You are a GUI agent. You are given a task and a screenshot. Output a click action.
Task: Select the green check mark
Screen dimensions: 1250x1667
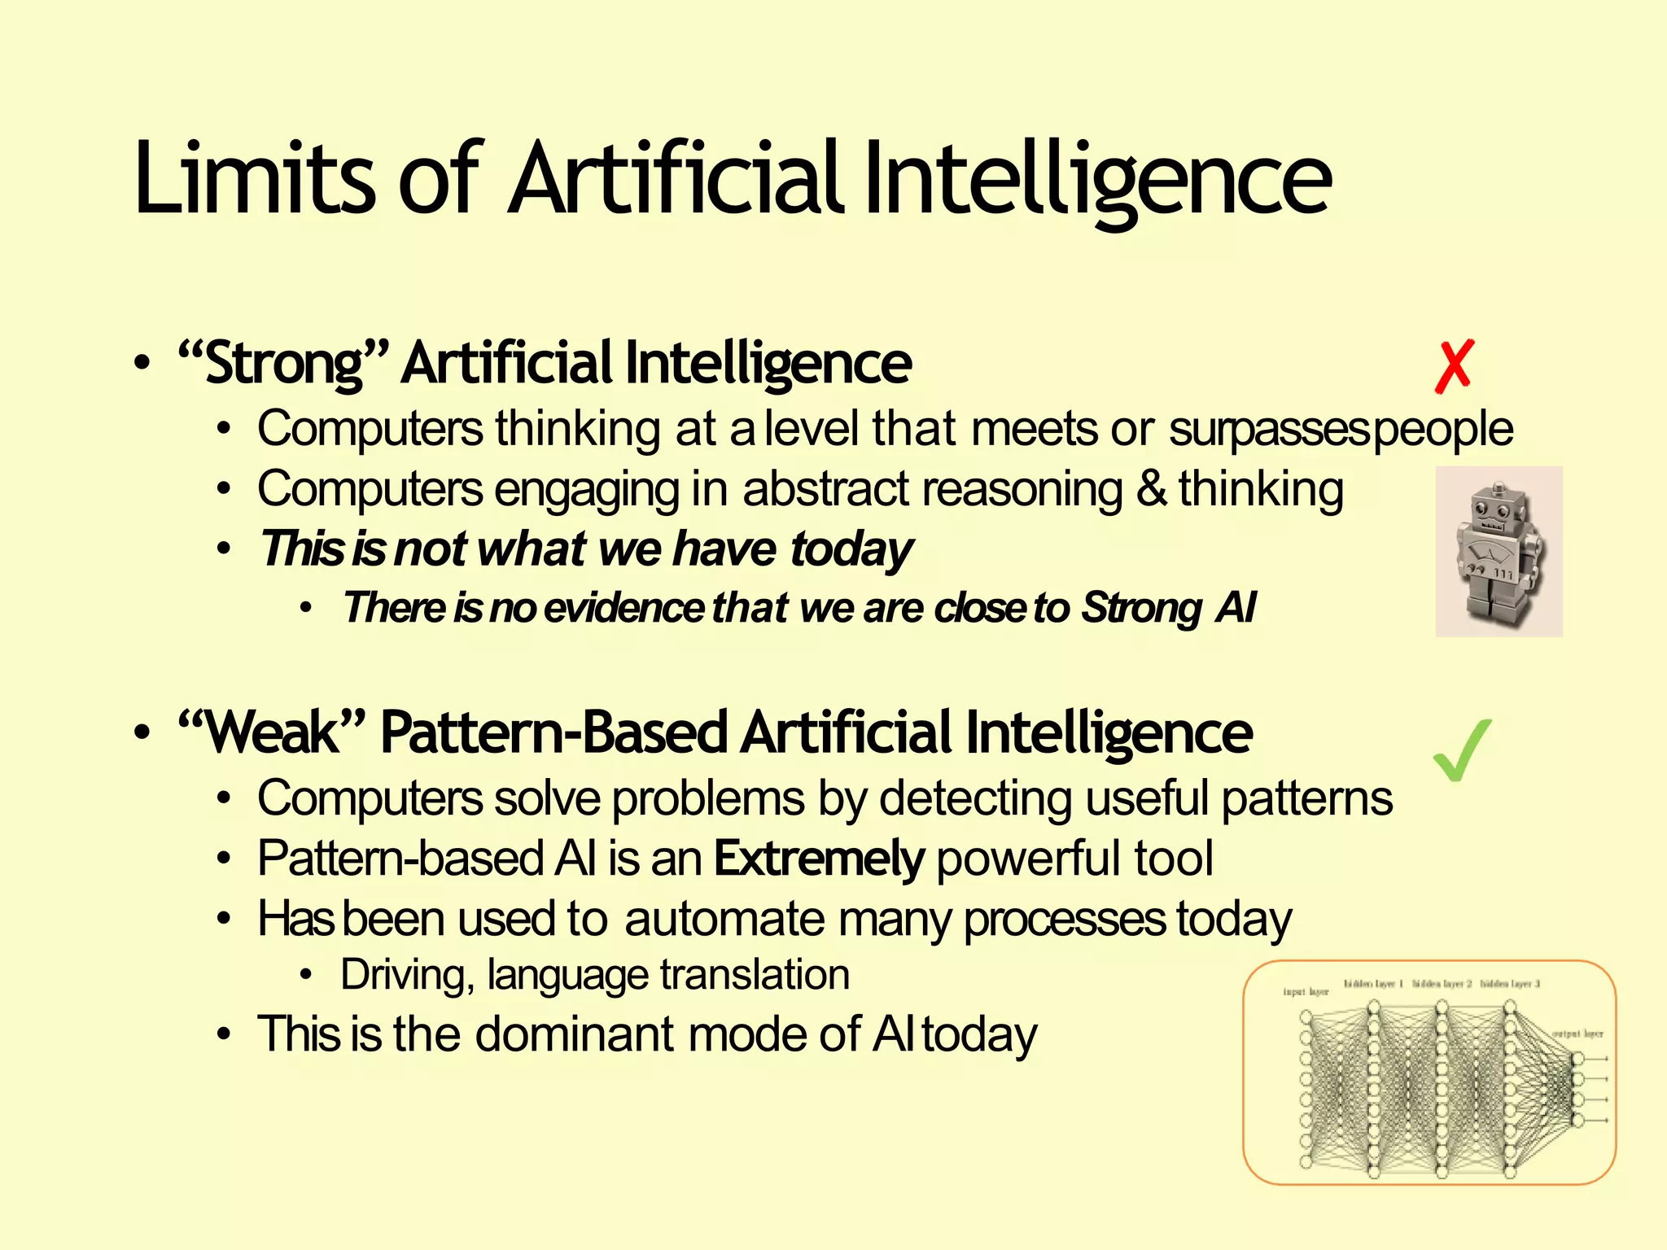click(x=1462, y=750)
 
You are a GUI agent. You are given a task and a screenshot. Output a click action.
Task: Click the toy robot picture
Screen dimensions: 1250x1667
click(x=1499, y=552)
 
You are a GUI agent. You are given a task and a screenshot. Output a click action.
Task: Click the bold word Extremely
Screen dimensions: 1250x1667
click(x=819, y=859)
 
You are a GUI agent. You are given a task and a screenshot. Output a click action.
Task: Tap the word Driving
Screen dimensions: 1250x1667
click(x=407, y=975)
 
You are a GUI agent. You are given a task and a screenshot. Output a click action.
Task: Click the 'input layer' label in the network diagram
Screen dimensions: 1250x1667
click(x=1305, y=992)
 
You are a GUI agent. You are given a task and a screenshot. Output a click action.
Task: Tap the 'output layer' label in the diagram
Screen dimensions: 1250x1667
click(x=1577, y=1034)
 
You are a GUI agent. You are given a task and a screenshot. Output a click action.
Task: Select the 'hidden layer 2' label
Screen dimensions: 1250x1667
click(x=1442, y=984)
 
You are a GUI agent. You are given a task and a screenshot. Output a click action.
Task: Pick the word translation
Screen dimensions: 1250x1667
click(x=755, y=975)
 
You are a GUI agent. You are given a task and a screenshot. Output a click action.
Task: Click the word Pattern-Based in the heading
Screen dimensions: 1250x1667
click(x=553, y=732)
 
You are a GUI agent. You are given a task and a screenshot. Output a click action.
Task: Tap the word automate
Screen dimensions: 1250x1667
click(x=724, y=920)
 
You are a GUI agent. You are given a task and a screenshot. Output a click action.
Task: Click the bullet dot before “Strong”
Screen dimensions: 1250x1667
click(x=142, y=364)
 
